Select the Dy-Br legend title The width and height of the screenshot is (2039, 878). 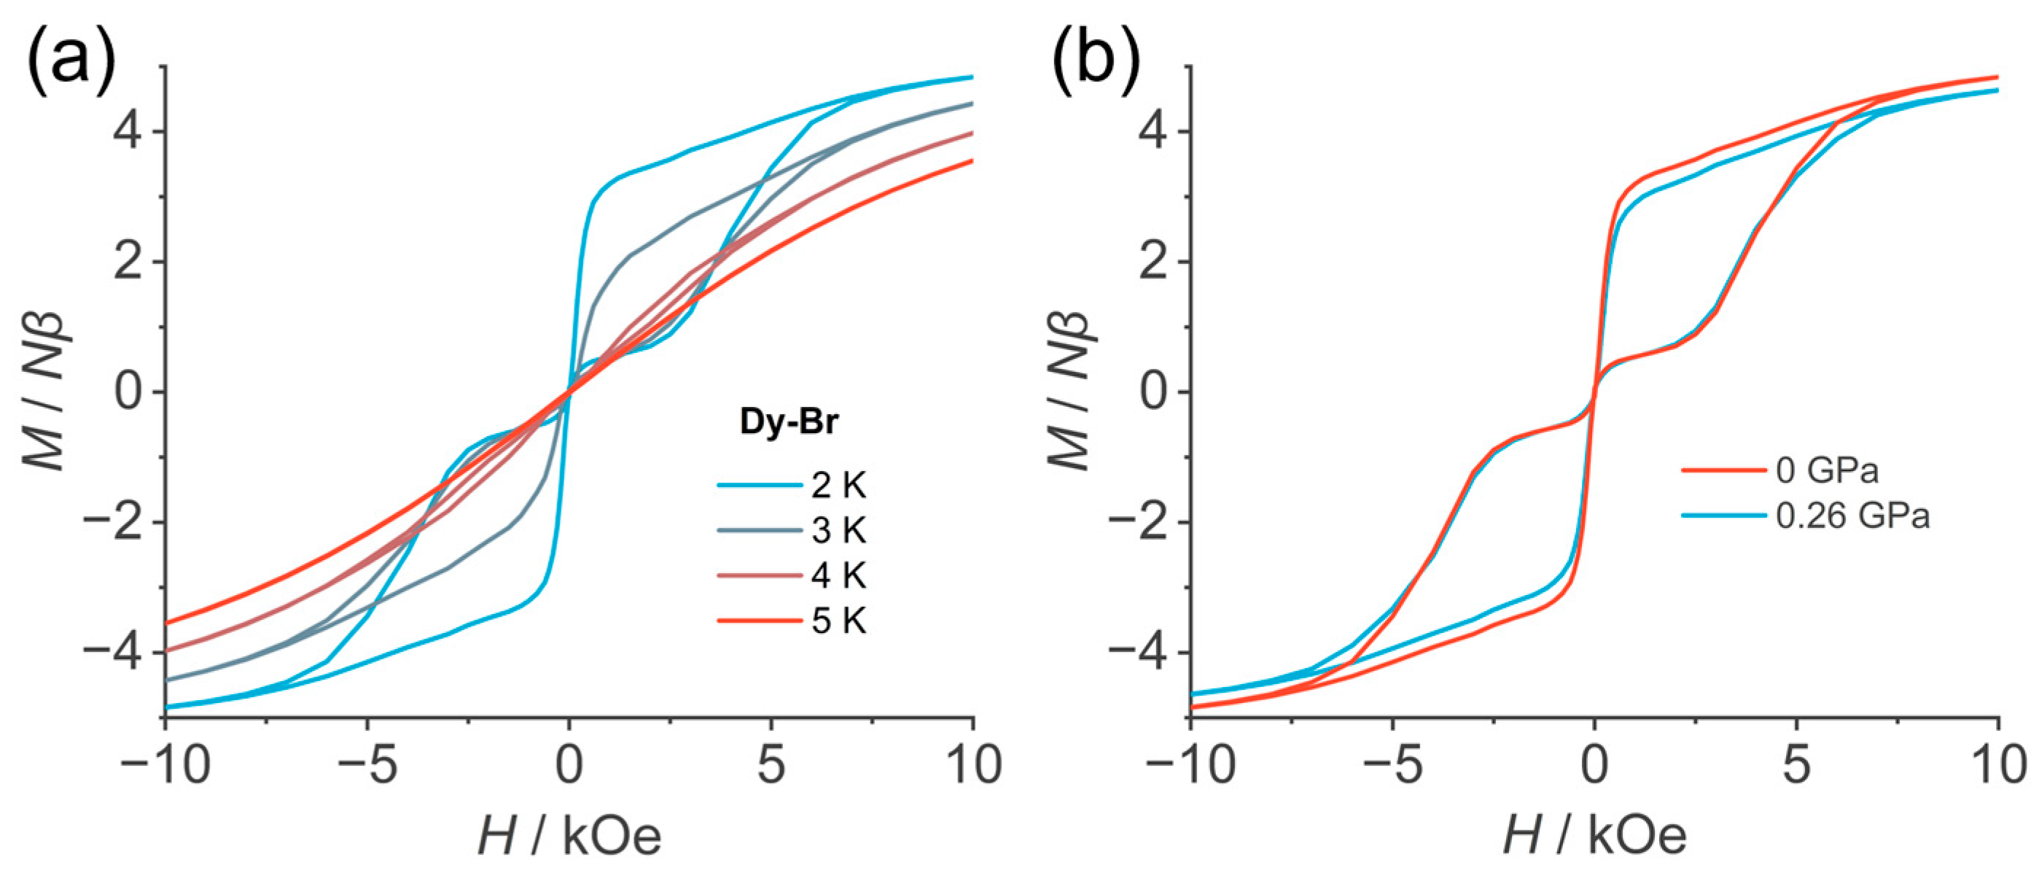coord(788,422)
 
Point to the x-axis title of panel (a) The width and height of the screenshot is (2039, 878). coord(569,836)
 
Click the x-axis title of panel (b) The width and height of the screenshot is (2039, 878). coord(1594,836)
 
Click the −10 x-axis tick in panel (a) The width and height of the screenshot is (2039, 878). coord(165,766)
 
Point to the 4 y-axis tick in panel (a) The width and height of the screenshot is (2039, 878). coord(128,131)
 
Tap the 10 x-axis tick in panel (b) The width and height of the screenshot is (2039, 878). coord(1997,766)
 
